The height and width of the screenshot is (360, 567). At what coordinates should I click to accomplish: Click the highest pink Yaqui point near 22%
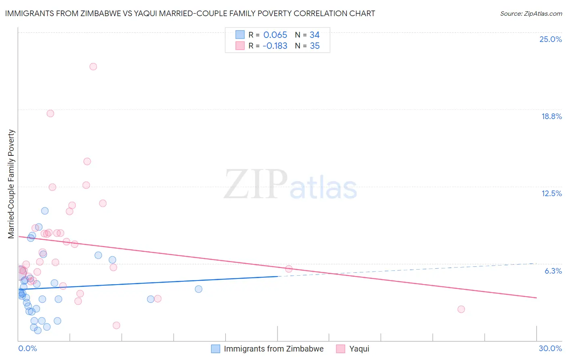(93, 67)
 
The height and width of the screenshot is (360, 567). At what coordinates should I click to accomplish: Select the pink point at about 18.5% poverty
(50, 113)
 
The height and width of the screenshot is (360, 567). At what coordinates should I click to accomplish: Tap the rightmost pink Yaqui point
(461, 309)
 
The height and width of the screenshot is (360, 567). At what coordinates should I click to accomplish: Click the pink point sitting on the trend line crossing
(289, 269)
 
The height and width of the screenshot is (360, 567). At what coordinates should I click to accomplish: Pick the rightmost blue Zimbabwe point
(198, 289)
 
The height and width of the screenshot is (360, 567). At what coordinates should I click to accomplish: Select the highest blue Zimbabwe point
(45, 211)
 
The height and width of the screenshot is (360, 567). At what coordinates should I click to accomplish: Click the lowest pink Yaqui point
(117, 325)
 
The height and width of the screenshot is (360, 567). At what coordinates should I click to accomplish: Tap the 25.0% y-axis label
(550, 39)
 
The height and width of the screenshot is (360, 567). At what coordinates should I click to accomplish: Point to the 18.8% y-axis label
(551, 116)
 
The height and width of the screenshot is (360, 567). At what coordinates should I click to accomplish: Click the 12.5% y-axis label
(551, 193)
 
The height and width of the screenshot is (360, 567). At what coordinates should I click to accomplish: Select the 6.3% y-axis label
(553, 271)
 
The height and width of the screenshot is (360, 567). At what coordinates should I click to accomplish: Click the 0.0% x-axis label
(27, 348)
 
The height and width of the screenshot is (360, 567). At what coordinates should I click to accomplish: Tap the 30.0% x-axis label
(550, 348)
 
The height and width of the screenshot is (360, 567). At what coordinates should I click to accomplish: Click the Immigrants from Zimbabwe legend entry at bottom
(273, 349)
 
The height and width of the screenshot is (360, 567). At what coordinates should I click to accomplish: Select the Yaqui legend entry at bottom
(359, 349)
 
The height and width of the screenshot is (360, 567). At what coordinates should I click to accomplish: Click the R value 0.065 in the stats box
(275, 35)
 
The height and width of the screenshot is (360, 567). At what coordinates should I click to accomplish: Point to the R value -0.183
(275, 46)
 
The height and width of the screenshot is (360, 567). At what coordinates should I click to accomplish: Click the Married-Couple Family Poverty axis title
(11, 184)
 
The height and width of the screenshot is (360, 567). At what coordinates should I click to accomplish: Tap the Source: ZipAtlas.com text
(531, 14)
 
